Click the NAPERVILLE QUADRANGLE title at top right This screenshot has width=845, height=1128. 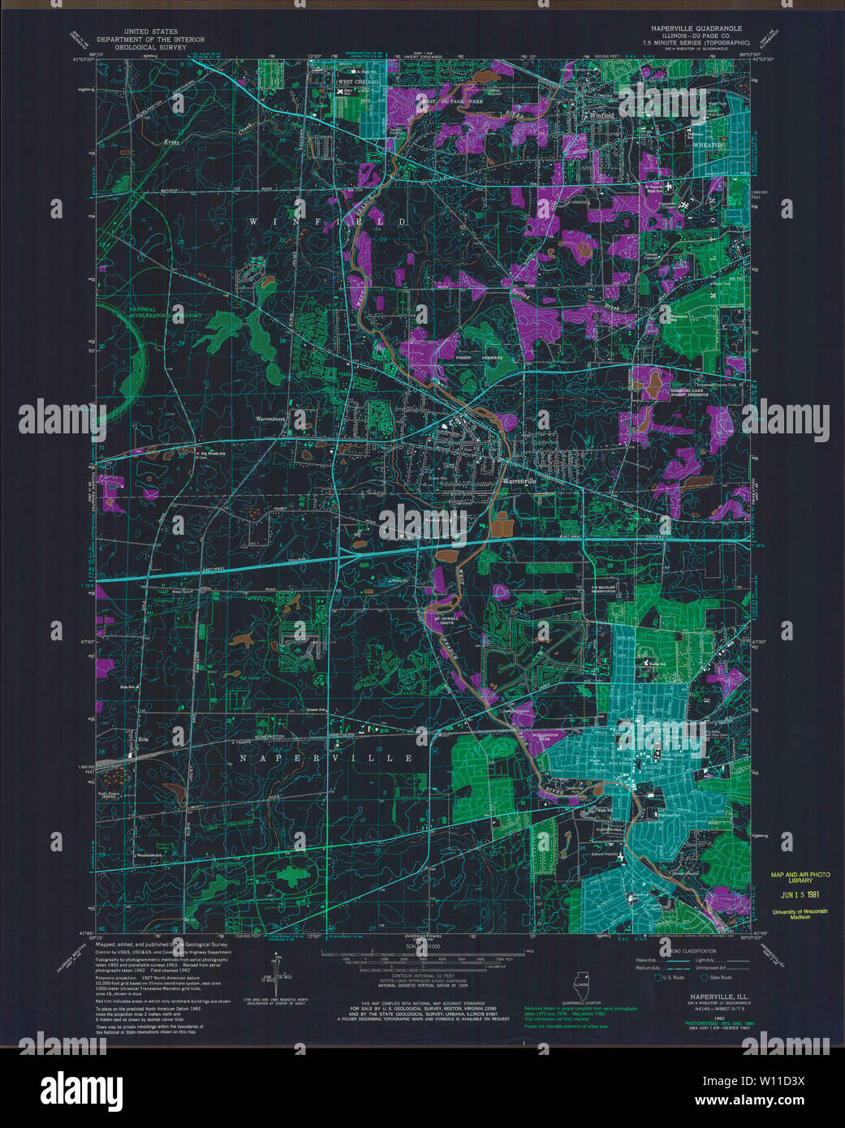[696, 28]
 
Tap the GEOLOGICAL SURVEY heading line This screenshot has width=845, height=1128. [150, 47]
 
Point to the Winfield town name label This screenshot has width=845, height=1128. [602, 116]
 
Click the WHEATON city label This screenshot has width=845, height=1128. [707, 144]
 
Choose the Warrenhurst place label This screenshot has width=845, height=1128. [271, 419]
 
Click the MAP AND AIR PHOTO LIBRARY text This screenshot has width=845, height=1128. [800, 877]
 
